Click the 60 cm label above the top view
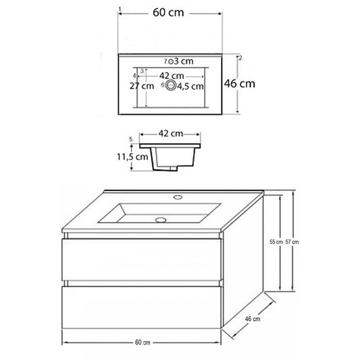(168, 12)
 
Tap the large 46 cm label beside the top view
(240, 83)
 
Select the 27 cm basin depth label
(142, 86)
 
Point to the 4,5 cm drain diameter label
(190, 86)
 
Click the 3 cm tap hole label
(184, 61)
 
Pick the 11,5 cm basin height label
(132, 157)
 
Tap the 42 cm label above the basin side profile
(171, 133)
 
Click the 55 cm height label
(276, 242)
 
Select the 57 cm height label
(292, 242)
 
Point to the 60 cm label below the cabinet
(143, 342)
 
